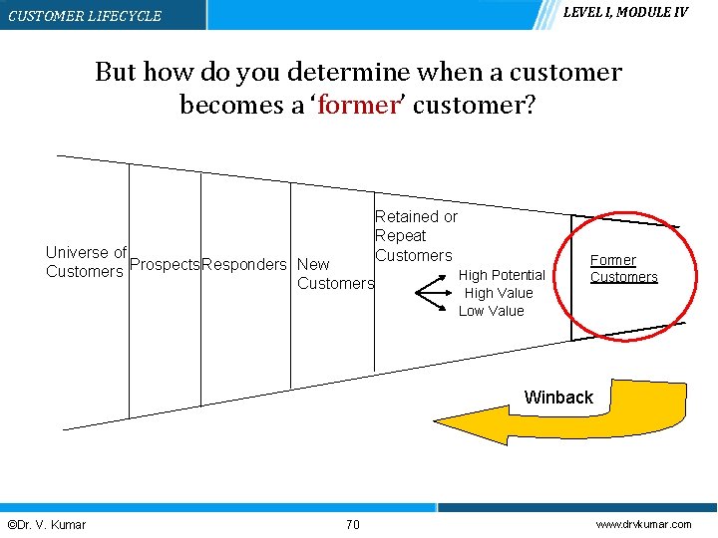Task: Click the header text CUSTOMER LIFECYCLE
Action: pyautogui.click(x=85, y=16)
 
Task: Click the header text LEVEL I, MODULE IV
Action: pyautogui.click(x=625, y=12)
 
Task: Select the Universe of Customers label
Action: pyautogui.click(x=86, y=262)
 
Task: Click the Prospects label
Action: pyautogui.click(x=166, y=264)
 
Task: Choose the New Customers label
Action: pyautogui.click(x=334, y=274)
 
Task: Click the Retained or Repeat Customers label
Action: pyautogui.click(x=415, y=236)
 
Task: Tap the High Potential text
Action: pyautogui.click(x=502, y=275)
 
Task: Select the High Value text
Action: pyautogui.click(x=499, y=293)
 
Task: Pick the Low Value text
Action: pyautogui.click(x=491, y=311)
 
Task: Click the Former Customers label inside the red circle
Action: pyautogui.click(x=623, y=269)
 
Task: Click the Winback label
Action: pyautogui.click(x=558, y=398)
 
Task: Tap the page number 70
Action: pyautogui.click(x=352, y=525)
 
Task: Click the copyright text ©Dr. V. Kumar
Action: pyautogui.click(x=46, y=525)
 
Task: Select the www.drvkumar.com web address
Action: pyautogui.click(x=643, y=525)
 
